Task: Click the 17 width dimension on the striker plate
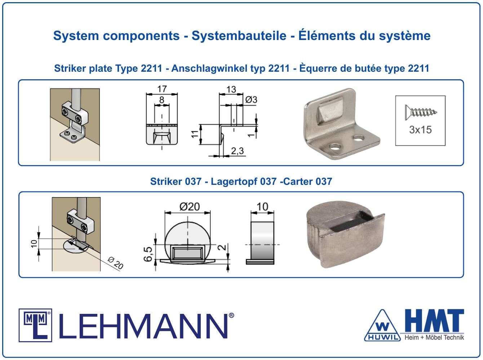(x=162, y=89)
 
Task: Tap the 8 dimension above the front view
(x=162, y=100)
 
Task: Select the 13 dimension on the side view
(x=231, y=89)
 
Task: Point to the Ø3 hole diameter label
(x=251, y=99)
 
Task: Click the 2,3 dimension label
(x=238, y=151)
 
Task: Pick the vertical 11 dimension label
(x=195, y=134)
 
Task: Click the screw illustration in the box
(x=421, y=112)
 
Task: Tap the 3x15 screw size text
(x=420, y=130)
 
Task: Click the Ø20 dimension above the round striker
(x=190, y=207)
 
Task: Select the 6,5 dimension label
(x=148, y=254)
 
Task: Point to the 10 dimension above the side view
(x=262, y=207)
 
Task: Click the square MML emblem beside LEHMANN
(x=35, y=325)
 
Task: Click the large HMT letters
(x=434, y=321)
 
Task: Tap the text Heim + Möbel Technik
(x=434, y=337)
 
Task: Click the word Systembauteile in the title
(x=239, y=36)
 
